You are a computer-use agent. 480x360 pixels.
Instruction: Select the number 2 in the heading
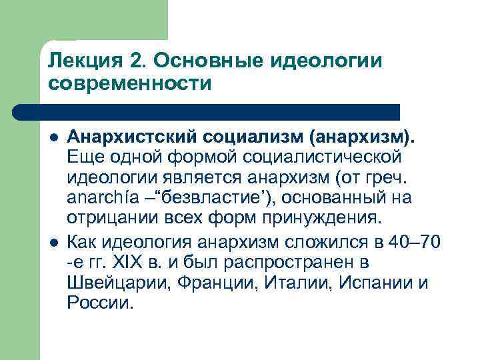click(136, 61)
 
